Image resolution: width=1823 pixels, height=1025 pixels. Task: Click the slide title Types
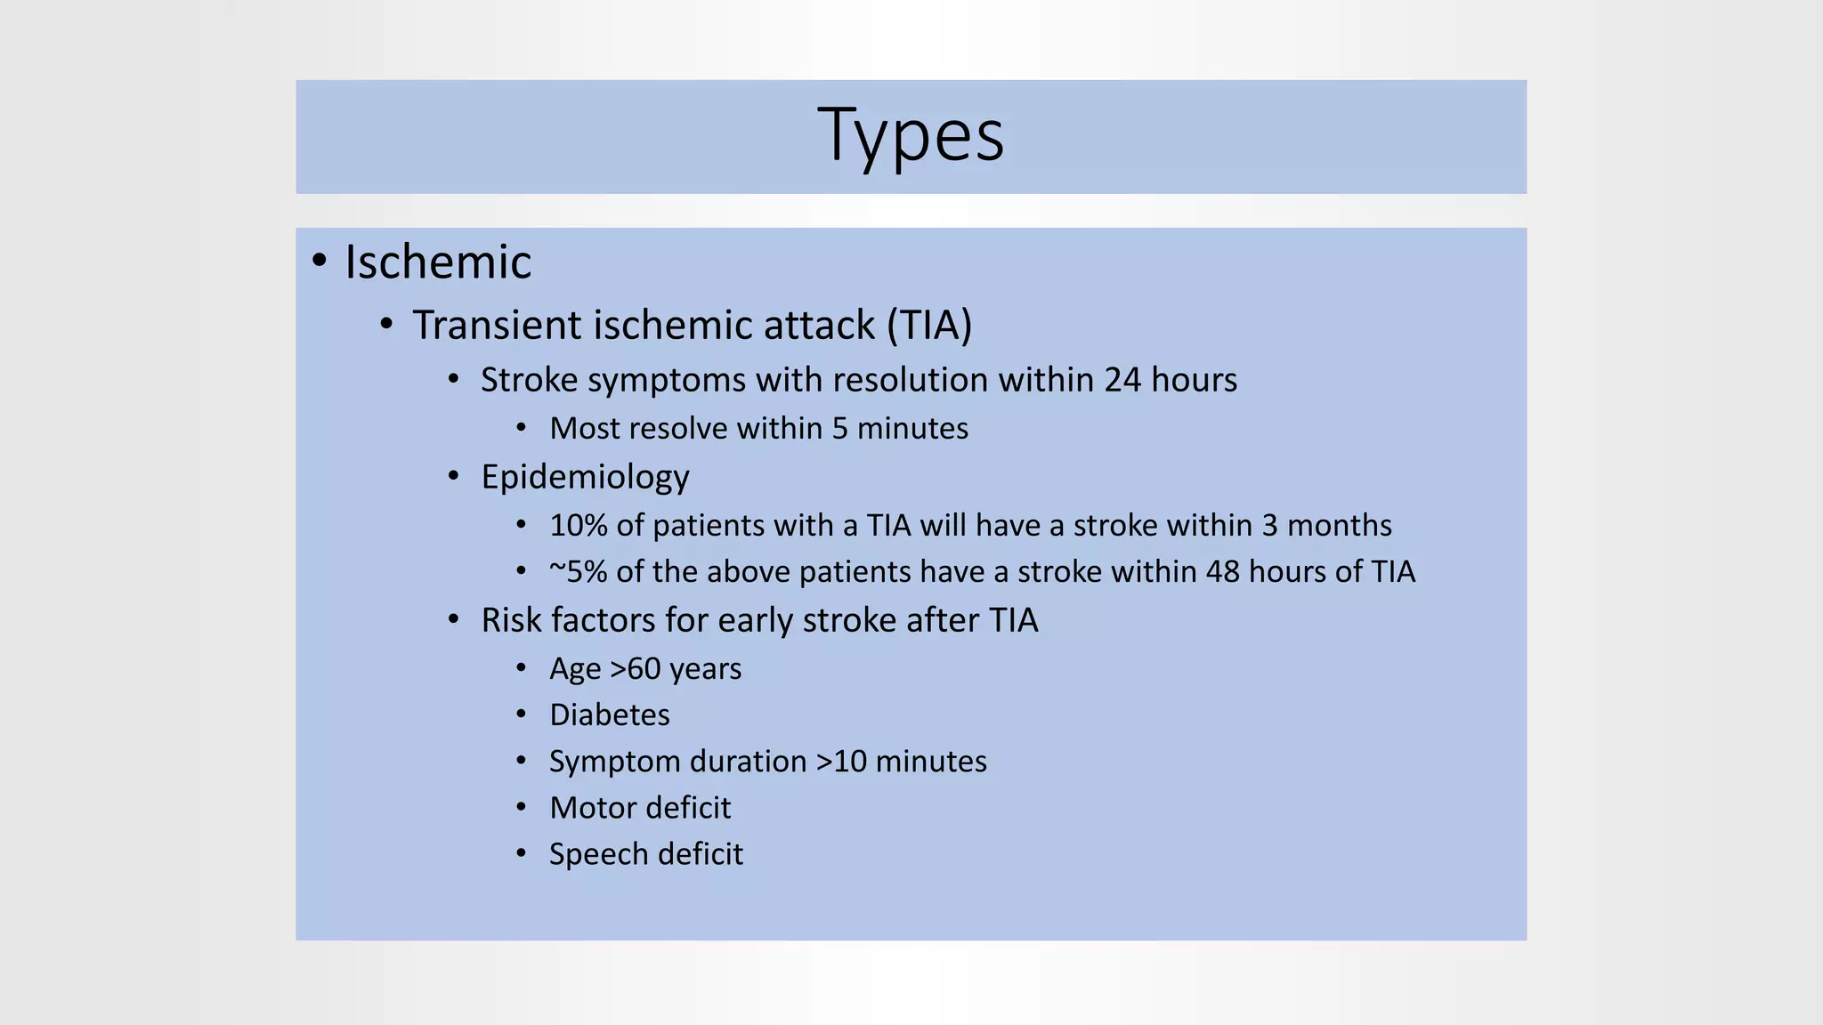point(911,136)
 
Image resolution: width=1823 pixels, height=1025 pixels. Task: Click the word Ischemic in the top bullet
point(438,262)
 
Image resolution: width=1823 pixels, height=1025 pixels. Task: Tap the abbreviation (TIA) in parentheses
point(928,325)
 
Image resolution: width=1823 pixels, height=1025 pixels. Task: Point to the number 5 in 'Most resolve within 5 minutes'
point(839,429)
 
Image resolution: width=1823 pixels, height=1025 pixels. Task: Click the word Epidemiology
point(585,478)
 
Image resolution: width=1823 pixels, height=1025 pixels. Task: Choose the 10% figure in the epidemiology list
point(578,526)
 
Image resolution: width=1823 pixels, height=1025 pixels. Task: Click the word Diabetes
point(610,715)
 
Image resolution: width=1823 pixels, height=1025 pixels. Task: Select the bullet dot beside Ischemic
point(320,261)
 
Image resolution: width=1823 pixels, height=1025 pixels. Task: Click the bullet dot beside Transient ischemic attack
point(385,324)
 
